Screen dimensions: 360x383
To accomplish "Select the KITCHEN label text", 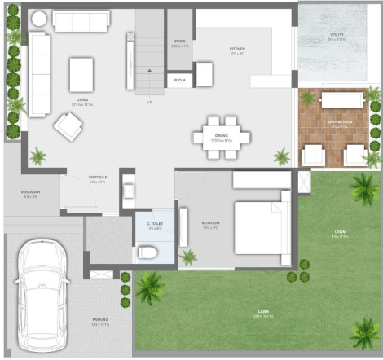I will pyautogui.click(x=236, y=50).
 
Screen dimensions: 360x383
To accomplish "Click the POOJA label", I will pyautogui.click(x=179, y=80).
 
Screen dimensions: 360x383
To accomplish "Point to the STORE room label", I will pyautogui.click(x=180, y=42).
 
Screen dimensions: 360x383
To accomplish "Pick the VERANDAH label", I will pyautogui.click(x=30, y=194).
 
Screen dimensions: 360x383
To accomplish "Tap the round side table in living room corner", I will pyautogui.click(x=39, y=18).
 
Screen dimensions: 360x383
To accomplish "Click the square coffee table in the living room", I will pyautogui.click(x=81, y=74).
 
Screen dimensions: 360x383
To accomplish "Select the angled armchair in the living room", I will pyautogui.click(x=68, y=125).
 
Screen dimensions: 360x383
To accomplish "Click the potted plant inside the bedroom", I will pyautogui.click(x=188, y=257).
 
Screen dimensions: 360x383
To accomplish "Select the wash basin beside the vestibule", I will pyautogui.click(x=128, y=191).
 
